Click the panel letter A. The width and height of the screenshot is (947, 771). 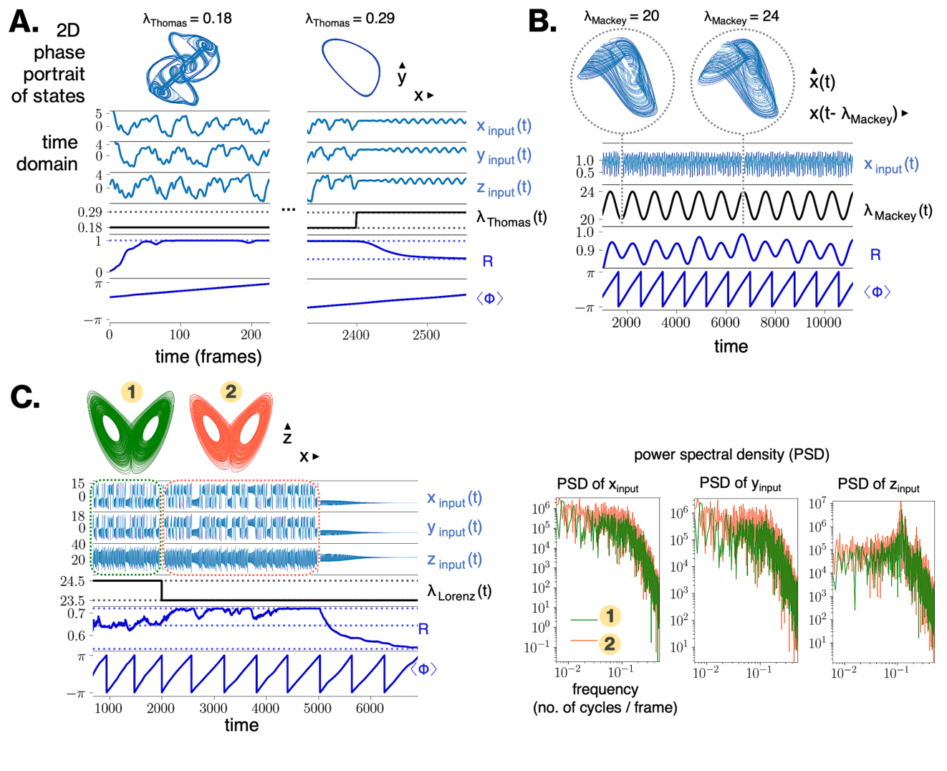23,22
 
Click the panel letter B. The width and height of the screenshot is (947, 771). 542,22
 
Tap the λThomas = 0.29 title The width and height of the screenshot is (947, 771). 350,19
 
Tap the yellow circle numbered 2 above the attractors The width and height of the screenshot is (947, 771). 231,392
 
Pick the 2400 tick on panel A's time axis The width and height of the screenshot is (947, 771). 355,335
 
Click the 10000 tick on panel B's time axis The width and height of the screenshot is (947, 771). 823,322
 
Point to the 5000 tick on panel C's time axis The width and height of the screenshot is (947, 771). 317,708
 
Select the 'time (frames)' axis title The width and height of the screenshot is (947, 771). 208,356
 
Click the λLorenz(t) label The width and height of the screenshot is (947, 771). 459,592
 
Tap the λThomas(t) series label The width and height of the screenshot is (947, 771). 511,219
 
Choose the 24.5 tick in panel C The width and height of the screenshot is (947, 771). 72,581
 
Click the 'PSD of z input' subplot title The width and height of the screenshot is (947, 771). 878,485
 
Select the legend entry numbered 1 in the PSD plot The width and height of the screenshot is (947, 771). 610,616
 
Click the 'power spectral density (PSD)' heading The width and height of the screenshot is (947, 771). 731,454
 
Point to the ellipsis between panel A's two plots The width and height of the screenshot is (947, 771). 289,209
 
